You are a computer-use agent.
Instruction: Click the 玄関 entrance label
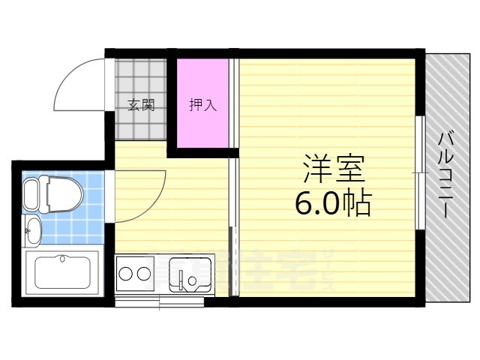140,106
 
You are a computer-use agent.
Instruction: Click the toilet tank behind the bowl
31,193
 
